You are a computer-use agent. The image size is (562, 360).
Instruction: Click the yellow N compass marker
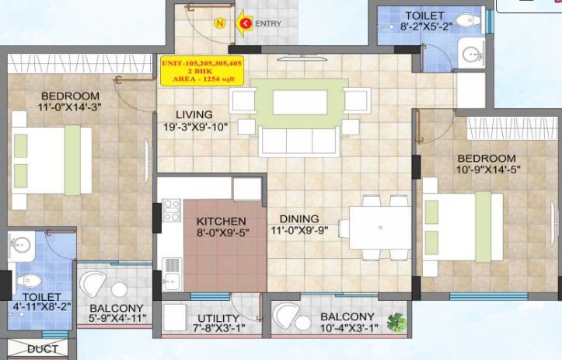click(x=220, y=23)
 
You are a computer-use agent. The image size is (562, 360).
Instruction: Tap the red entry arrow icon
click(x=244, y=23)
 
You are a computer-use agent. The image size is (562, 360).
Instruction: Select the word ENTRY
click(x=268, y=23)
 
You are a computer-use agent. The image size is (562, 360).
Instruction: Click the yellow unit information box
click(x=202, y=71)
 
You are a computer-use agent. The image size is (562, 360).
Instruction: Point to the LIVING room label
click(x=194, y=115)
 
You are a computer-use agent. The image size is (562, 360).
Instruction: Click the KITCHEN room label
click(x=221, y=222)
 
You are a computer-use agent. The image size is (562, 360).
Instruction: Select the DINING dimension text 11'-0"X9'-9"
click(x=299, y=230)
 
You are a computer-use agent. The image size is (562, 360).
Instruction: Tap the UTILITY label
click(x=218, y=319)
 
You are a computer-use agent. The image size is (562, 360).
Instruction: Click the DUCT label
click(x=42, y=349)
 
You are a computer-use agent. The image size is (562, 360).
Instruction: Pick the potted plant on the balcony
click(x=397, y=323)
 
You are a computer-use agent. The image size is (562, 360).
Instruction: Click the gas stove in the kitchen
click(x=172, y=211)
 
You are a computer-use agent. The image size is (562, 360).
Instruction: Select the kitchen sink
click(x=172, y=274)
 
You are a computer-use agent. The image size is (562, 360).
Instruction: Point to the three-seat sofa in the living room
click(x=299, y=142)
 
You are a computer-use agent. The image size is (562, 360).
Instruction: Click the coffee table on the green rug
click(x=300, y=103)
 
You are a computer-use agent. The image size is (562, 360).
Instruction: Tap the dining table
click(x=380, y=228)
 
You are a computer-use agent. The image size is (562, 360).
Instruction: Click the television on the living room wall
click(x=302, y=56)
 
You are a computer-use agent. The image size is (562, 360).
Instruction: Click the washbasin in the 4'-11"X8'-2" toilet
click(x=21, y=246)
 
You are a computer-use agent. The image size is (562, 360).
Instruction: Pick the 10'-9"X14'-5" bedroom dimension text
click(x=488, y=170)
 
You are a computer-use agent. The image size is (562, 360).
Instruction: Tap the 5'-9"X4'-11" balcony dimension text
click(x=117, y=318)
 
